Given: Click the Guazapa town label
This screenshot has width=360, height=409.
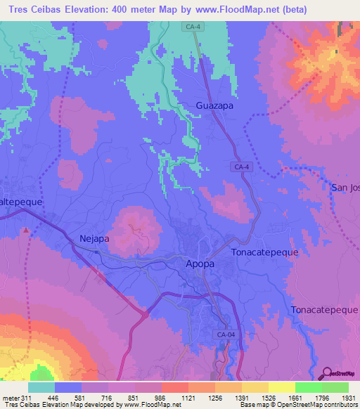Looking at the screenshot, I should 214,106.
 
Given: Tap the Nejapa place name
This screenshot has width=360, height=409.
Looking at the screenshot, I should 95,238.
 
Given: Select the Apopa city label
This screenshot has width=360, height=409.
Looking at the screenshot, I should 200,264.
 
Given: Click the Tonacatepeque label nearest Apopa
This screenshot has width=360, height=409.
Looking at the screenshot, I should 265,252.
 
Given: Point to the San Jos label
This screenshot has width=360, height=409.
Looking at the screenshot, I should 345,187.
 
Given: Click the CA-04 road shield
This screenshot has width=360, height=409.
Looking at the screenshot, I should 226,335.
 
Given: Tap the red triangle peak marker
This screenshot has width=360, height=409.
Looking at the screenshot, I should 27,230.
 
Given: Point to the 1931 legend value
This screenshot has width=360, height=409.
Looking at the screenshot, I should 347,398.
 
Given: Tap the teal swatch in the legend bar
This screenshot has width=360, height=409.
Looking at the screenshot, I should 41,388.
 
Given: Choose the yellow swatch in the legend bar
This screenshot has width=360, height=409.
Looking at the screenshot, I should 281,388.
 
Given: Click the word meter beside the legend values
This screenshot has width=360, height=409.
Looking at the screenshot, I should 10,398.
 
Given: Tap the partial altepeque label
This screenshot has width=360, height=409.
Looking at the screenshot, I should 21,201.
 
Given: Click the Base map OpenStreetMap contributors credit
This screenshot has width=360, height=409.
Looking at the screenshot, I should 297,405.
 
